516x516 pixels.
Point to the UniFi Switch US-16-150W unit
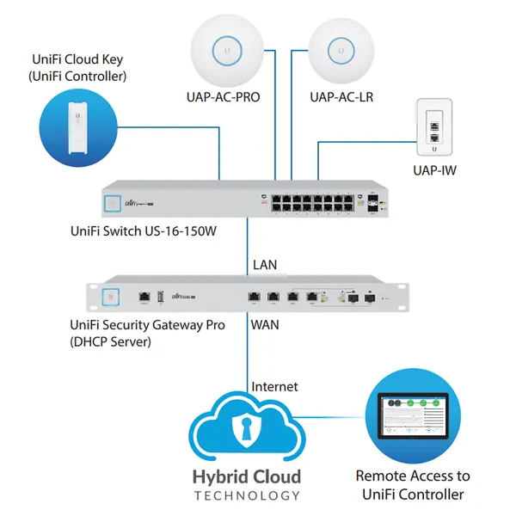(246, 201)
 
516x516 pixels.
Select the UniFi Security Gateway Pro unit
(246, 297)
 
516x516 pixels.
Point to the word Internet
(274, 387)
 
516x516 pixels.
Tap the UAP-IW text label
(435, 171)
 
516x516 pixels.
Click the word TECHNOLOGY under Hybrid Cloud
(247, 495)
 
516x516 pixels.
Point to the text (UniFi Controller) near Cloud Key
(77, 77)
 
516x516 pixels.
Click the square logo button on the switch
(111, 202)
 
